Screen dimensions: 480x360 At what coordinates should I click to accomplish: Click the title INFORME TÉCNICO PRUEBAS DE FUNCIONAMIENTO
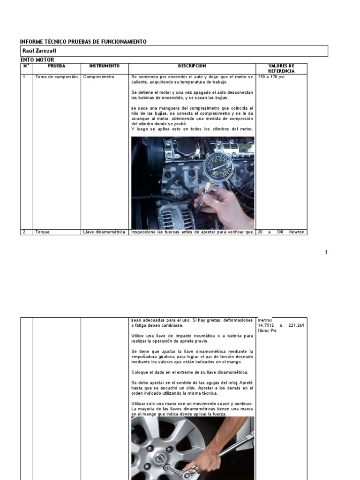[x=83, y=42]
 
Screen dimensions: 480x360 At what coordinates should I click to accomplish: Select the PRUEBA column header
[x=57, y=66]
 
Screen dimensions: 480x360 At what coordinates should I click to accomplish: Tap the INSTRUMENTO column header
[x=105, y=66]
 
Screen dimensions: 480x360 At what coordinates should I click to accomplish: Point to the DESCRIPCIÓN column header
[x=192, y=66]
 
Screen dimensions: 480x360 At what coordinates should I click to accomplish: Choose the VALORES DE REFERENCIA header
[x=281, y=68]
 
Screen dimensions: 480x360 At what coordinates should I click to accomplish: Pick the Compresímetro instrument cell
[x=98, y=77]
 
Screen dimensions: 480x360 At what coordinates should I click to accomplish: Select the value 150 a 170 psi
[x=271, y=77]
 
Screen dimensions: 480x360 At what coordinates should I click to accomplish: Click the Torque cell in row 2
[x=42, y=232]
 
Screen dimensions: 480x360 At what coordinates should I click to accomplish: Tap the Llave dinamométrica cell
[x=105, y=232]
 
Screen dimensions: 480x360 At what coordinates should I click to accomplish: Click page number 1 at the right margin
[x=326, y=253]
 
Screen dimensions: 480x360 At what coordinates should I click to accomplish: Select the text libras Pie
[x=268, y=331]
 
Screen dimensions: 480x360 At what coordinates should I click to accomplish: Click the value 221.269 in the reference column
[x=297, y=325]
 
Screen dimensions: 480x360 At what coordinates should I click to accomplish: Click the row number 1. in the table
[x=24, y=77]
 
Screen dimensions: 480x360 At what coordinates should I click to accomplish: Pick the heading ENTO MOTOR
[x=37, y=60]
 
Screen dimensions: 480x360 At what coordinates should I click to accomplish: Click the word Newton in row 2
[x=297, y=232]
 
